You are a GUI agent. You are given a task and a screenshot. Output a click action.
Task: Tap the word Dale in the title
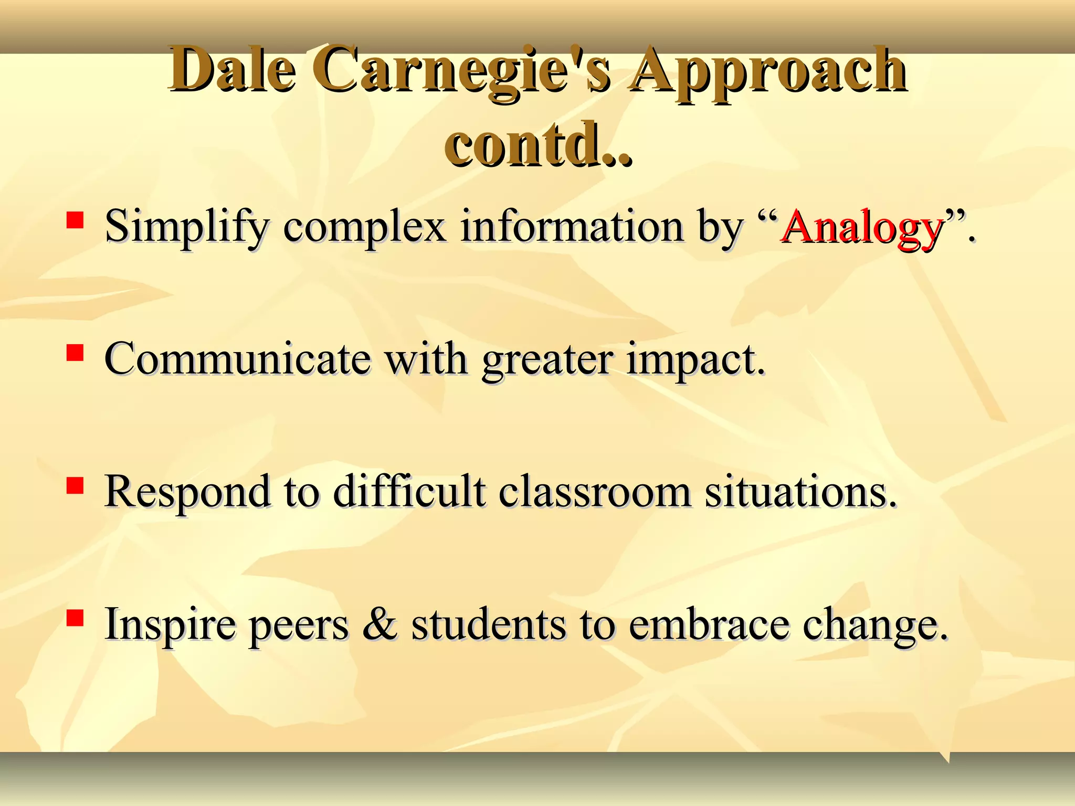point(231,70)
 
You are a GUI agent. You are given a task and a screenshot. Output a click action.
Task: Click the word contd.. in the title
point(539,144)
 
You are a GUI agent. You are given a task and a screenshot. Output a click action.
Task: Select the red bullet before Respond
point(75,485)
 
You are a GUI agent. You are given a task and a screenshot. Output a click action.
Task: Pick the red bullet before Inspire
point(75,618)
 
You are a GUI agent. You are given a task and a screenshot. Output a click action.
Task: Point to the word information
point(572,227)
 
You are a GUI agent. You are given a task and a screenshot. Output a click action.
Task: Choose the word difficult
point(409,492)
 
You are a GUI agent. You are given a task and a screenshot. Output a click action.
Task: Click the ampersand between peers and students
point(380,624)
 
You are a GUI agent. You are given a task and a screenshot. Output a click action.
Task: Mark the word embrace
point(708,624)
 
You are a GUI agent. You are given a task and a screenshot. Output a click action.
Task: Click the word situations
point(800,492)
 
